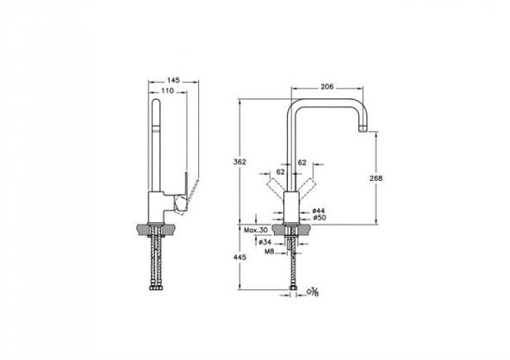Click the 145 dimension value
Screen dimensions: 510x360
173,80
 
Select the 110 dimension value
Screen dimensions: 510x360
167,90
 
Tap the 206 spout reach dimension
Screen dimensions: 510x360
327,86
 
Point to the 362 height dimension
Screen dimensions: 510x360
239,162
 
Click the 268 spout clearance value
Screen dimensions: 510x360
376,178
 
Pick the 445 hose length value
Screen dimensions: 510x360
239,258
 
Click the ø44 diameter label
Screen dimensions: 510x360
319,211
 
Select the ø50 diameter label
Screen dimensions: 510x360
320,218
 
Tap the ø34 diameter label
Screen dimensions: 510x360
265,242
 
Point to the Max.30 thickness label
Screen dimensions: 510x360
256,230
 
